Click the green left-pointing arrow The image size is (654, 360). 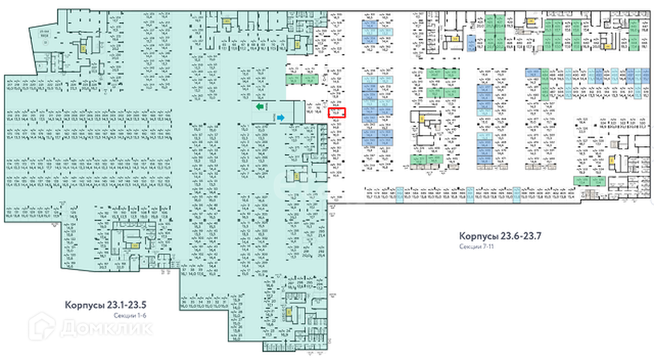[261, 108]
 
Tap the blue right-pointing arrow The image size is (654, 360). [280, 118]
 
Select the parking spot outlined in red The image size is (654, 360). [337, 112]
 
